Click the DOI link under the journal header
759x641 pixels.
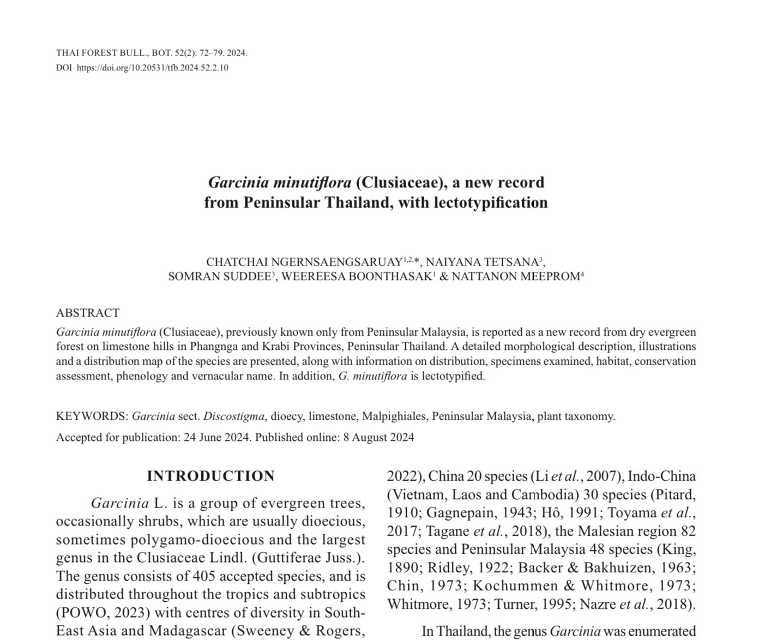(152, 68)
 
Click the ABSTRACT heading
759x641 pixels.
(88, 313)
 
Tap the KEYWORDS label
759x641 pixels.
(92, 416)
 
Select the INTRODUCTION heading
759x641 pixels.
(210, 476)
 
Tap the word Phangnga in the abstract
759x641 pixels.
(251, 347)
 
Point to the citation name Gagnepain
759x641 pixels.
(457, 513)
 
